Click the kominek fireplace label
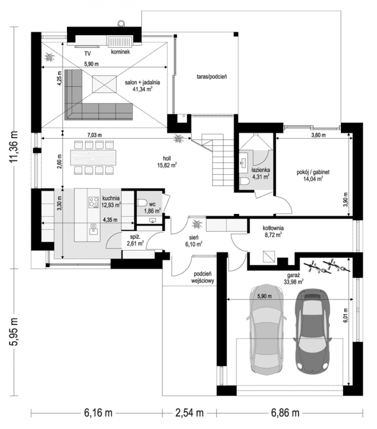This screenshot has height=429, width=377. pyautogui.click(x=120, y=52)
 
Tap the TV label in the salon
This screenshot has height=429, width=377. pyautogui.click(x=88, y=54)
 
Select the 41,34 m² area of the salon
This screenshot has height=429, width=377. pyautogui.click(x=142, y=89)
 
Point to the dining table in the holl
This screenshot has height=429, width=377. pyautogui.click(x=93, y=158)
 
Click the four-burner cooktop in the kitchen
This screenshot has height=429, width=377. pyautogui.click(x=93, y=202)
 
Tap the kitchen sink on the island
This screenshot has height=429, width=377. pyautogui.click(x=93, y=229)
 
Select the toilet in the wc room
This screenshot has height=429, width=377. pyautogui.click(x=142, y=203)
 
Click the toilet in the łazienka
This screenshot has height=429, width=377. pyautogui.click(x=245, y=181)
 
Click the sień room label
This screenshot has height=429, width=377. pyautogui.click(x=194, y=238)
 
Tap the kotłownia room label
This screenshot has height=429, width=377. pyautogui.click(x=273, y=228)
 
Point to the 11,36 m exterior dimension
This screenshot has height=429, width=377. pyautogui.click(x=14, y=147)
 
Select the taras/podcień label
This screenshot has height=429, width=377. pyautogui.click(x=212, y=77)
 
